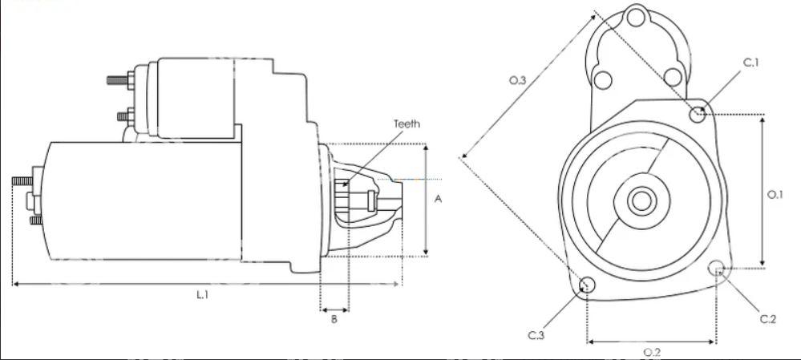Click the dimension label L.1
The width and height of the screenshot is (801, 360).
tap(203, 294)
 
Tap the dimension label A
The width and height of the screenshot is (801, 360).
tap(438, 199)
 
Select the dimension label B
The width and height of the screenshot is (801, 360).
tap(334, 320)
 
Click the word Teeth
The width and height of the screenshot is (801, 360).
tap(407, 124)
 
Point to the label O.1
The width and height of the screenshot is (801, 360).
tap(775, 195)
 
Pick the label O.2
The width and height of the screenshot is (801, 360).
tap(653, 352)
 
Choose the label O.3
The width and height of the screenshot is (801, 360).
tap(517, 80)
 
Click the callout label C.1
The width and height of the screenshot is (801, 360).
tap(751, 63)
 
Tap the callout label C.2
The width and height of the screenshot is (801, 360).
tap(768, 320)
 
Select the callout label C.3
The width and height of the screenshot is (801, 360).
tap(536, 335)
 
